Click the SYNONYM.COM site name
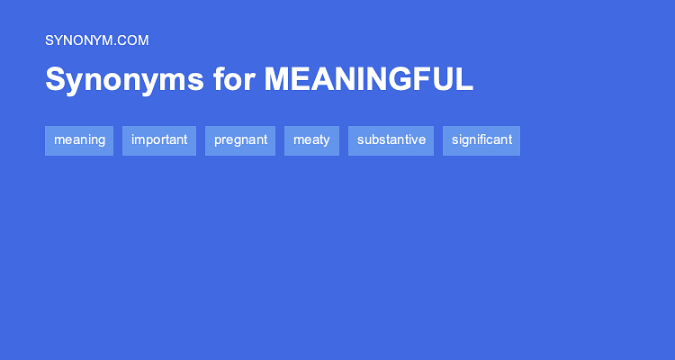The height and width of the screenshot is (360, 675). click(x=96, y=40)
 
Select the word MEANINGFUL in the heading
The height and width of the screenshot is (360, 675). click(x=368, y=80)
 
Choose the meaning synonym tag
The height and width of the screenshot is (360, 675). click(x=79, y=140)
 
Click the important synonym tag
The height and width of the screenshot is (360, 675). click(x=159, y=140)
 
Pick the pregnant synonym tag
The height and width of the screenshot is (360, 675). click(x=240, y=140)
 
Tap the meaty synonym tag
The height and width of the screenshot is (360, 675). click(x=311, y=140)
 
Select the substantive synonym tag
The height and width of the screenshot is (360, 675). click(x=391, y=140)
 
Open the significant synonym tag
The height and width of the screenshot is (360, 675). click(x=481, y=140)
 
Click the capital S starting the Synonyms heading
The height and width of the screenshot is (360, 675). click(x=55, y=80)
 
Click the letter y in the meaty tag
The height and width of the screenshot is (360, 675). click(x=326, y=141)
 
